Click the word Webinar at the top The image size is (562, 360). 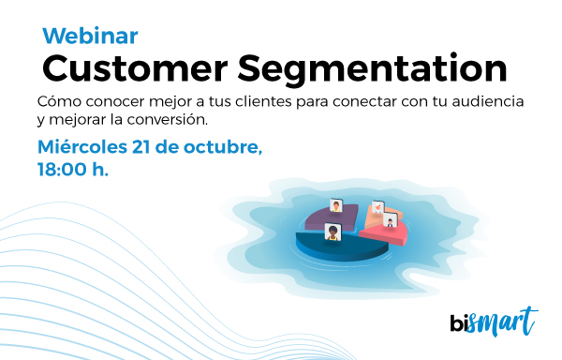click(90, 36)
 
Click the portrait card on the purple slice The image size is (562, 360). click(336, 205)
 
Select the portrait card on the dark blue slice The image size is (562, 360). click(331, 231)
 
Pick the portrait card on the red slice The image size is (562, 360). click(391, 220)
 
